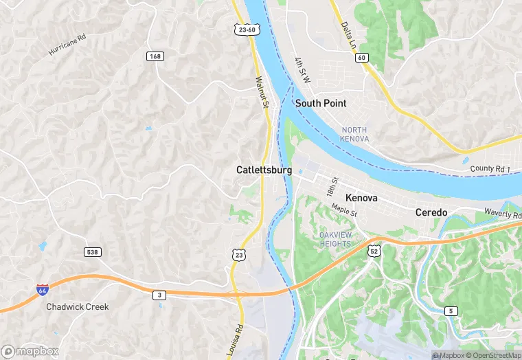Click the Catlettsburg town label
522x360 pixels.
(264, 170)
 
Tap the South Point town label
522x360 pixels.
(321, 103)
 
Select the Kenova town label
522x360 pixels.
(361, 198)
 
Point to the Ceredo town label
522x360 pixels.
(431, 213)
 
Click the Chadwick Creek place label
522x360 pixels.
(78, 306)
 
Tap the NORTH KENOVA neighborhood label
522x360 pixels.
(354, 135)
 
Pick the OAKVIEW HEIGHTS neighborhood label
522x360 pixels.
(337, 240)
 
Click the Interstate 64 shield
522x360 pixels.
(43, 290)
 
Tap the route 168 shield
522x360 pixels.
(155, 56)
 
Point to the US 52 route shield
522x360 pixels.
(374, 251)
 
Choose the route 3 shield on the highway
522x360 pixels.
(159, 295)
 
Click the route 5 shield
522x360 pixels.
(451, 311)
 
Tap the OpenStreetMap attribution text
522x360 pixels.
(493, 355)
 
